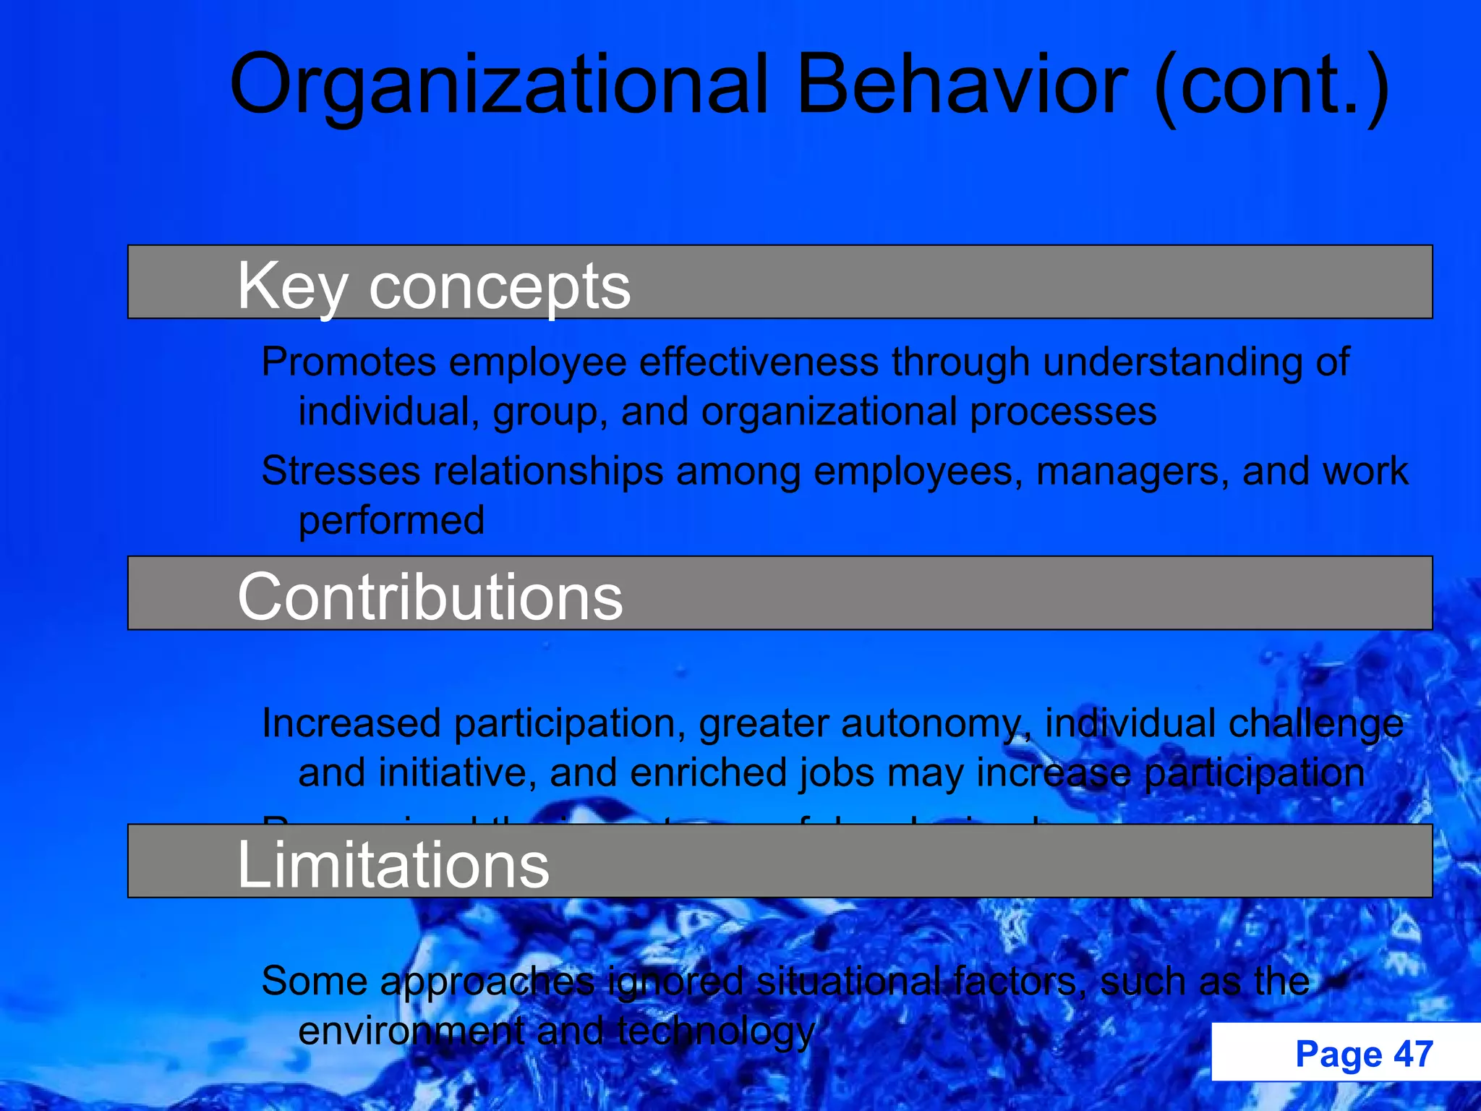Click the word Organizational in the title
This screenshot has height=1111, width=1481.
499,85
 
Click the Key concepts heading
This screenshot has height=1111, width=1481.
434,286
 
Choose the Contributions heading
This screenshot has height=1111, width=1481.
430,597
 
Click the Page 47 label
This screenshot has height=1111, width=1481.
1364,1054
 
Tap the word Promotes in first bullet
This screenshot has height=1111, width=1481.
349,362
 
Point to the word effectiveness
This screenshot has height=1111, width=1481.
759,362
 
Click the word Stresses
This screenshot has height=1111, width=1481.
340,471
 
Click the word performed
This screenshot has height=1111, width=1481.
391,521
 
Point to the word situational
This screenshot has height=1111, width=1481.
849,982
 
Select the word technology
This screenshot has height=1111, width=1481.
716,1031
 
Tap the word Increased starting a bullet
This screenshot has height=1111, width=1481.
351,723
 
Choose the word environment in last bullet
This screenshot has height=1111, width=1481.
411,1031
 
